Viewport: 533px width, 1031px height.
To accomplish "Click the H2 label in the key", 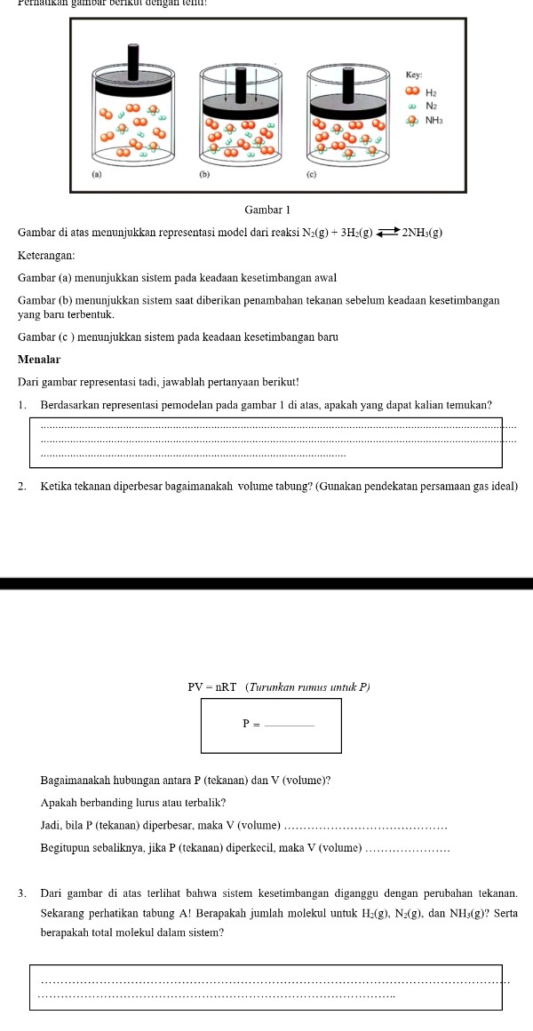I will coord(432,91).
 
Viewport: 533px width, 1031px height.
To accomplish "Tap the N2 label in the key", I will coord(432,106).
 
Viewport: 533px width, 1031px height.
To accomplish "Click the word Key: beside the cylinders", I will coord(412,76).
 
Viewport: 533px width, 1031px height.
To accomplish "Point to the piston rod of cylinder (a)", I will coord(133,59).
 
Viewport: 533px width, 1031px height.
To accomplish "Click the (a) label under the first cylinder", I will coord(97,176).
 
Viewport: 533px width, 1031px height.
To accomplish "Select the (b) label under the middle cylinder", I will coord(203,176).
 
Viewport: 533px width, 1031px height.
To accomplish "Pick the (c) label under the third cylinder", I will coord(311,176).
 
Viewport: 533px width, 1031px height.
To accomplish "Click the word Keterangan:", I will coord(44,255).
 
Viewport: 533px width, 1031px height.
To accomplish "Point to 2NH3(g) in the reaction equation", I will coord(423,233).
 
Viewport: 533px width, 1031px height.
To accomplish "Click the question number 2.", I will coord(22,488).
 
